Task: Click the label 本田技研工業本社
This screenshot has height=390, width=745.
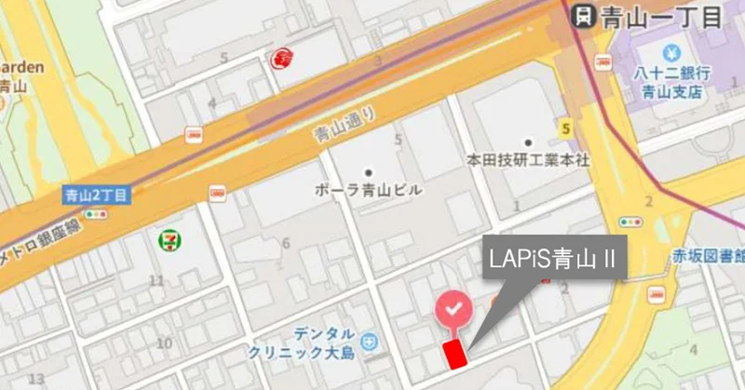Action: pyautogui.click(x=528, y=160)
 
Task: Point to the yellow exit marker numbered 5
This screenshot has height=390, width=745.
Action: pyautogui.click(x=564, y=128)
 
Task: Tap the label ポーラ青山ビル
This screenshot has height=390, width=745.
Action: pyautogui.click(x=369, y=189)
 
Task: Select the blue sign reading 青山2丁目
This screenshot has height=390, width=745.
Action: pyautogui.click(x=96, y=195)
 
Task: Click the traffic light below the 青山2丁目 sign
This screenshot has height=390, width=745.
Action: pyautogui.click(x=96, y=214)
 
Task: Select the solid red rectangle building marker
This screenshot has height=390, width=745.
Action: pyautogui.click(x=454, y=354)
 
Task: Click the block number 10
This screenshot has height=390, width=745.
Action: pyautogui.click(x=165, y=343)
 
